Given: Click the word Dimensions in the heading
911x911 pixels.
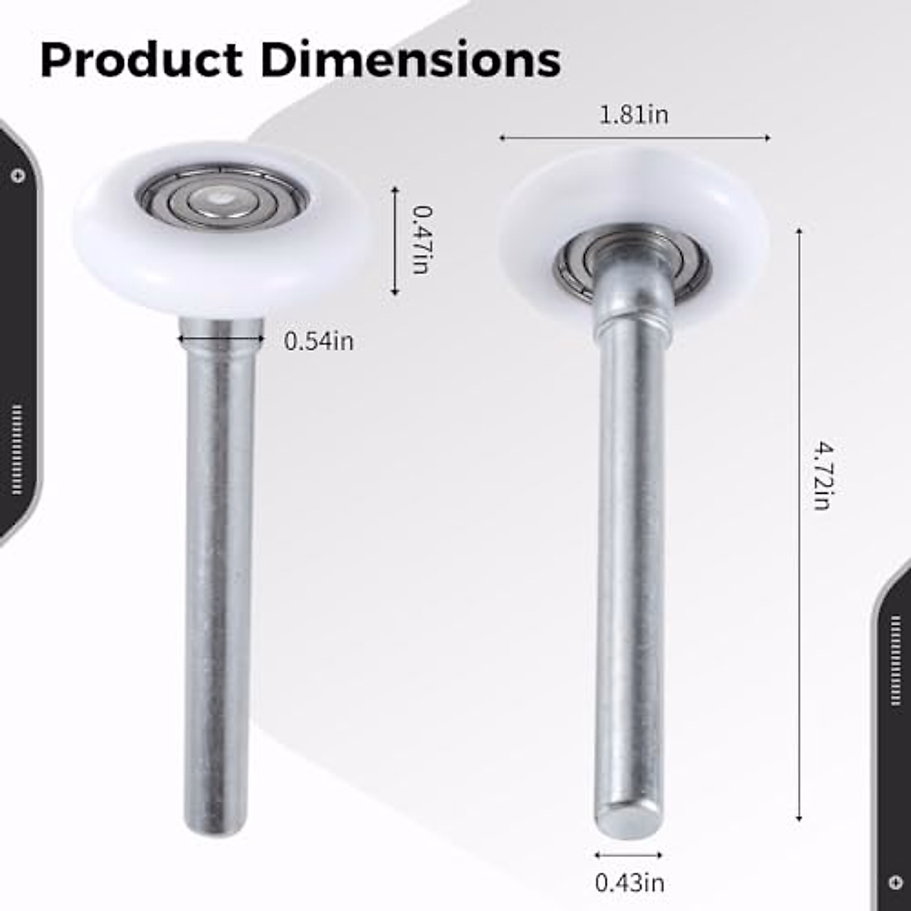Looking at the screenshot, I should tap(411, 60).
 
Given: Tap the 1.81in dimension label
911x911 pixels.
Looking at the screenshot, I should tap(634, 115).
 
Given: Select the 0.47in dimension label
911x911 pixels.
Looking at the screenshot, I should tap(420, 239).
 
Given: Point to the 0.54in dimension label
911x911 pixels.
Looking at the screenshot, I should tap(319, 342).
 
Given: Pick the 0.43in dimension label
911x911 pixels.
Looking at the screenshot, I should tap(629, 883).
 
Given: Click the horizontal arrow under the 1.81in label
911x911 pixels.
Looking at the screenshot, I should tap(634, 138).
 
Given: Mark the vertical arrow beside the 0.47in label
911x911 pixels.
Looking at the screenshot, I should tap(395, 241).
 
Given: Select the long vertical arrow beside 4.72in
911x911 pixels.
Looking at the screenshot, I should tap(799, 524).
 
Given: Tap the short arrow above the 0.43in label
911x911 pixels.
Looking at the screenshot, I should tap(629, 855).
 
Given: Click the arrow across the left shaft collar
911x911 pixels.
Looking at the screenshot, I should tap(221, 339).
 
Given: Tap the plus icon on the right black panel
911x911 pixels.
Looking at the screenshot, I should tap(896, 883).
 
